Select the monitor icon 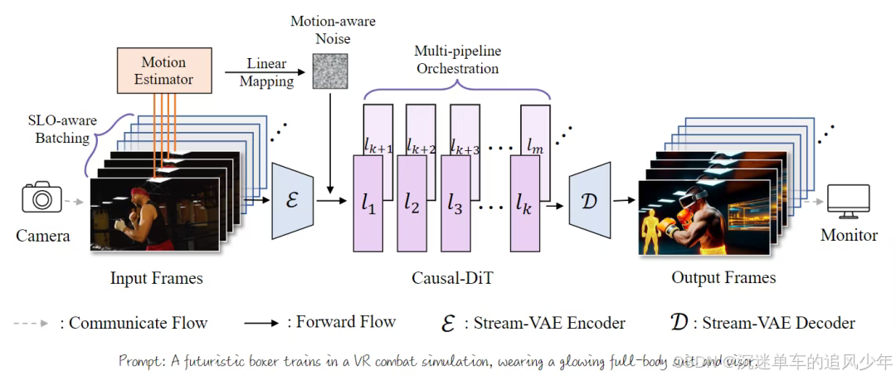tap(848, 201)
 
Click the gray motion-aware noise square tap(329, 71)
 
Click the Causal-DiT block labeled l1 tap(368, 203)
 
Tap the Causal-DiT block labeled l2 tap(411, 203)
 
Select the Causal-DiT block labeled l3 tap(455, 203)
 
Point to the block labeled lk tap(523, 203)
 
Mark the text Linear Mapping tap(266, 72)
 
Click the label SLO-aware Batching tap(61, 129)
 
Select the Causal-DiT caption tap(452, 278)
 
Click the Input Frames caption tap(156, 278)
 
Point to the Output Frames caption tap(723, 278)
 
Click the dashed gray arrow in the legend tap(32, 323)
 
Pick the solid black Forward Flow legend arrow tap(261, 324)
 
